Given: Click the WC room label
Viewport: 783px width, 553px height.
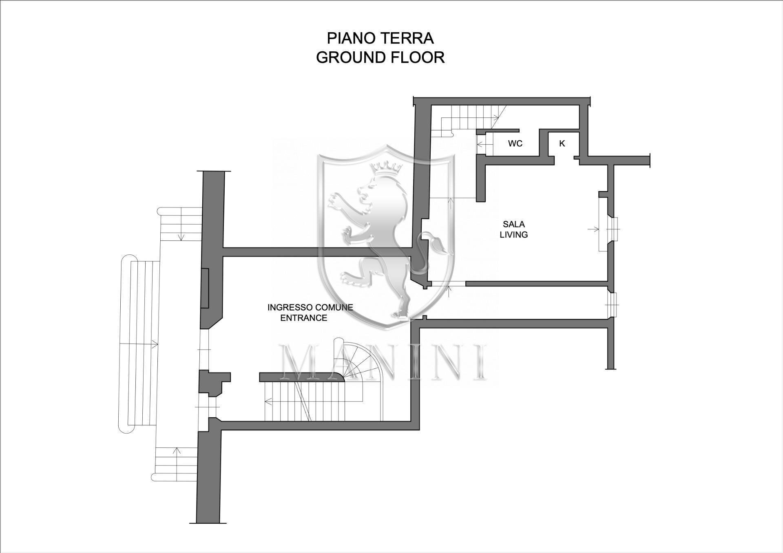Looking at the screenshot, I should click(515, 143).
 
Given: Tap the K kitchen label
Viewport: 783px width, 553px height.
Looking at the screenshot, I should click(562, 143).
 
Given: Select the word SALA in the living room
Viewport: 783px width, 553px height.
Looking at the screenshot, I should click(513, 224).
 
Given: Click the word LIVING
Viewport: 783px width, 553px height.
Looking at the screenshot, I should click(513, 235).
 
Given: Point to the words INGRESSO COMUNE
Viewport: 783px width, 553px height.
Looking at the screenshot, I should click(310, 307).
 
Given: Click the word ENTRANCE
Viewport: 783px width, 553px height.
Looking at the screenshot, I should click(303, 318).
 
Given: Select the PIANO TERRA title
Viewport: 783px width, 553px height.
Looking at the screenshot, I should click(380, 38).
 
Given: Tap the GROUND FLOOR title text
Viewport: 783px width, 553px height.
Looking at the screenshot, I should click(380, 57).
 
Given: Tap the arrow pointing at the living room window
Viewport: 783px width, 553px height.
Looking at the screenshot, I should click(594, 229).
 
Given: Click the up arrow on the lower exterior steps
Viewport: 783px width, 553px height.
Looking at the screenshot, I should click(177, 451).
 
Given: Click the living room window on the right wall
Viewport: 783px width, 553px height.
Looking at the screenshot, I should click(613, 229).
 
